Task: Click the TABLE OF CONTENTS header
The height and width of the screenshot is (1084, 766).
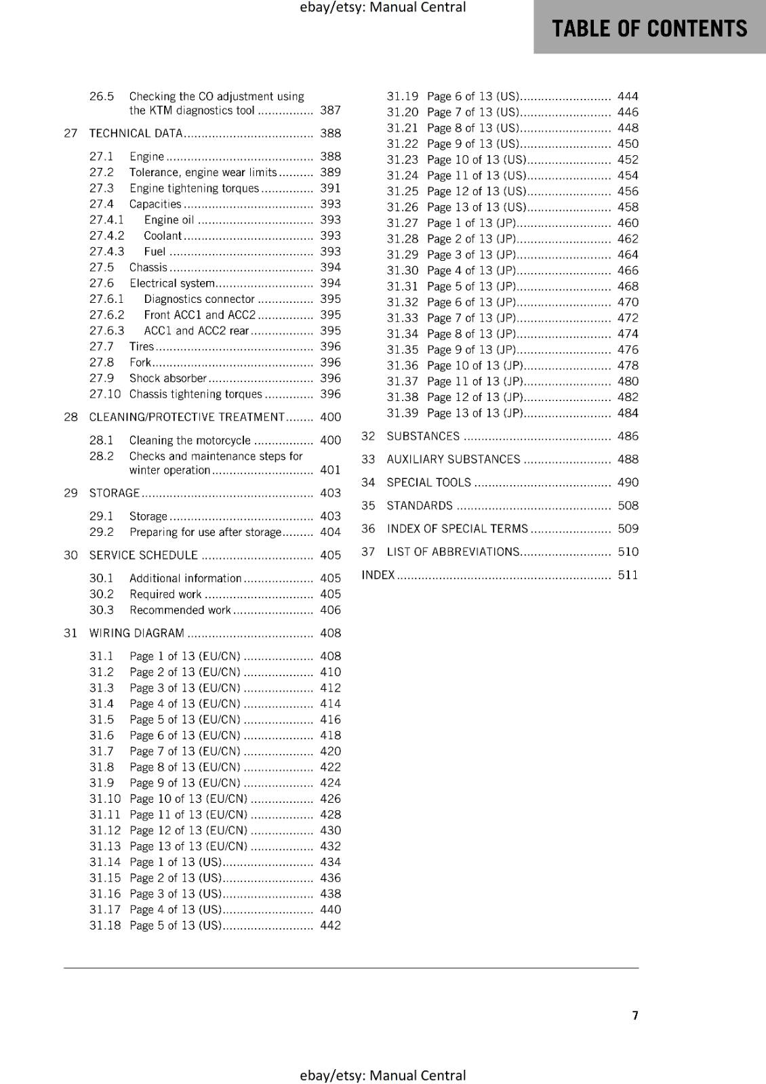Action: (649, 28)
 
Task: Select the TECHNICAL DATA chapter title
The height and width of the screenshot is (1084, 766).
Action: (136, 133)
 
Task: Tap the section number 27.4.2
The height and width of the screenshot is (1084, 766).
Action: (106, 236)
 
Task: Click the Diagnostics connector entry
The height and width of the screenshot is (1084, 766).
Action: (199, 299)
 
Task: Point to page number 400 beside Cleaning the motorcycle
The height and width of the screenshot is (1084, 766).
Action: (330, 440)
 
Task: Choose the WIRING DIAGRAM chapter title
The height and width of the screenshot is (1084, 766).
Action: (136, 633)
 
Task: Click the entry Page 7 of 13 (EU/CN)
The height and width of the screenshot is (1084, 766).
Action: (184, 751)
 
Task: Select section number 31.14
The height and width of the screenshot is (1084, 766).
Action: (105, 862)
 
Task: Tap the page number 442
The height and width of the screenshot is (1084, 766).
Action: (330, 925)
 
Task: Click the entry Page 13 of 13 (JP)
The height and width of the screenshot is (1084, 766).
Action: (475, 413)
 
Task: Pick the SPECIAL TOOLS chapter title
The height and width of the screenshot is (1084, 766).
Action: (428, 482)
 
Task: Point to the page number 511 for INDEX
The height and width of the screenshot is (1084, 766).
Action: (628, 575)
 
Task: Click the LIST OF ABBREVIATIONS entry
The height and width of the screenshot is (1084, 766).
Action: (453, 552)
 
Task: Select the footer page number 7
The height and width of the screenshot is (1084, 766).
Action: (635, 1016)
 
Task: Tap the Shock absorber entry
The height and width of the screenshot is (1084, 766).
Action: (168, 379)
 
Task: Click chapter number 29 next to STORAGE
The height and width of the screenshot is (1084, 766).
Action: (70, 493)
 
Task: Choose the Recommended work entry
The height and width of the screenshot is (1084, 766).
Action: (180, 610)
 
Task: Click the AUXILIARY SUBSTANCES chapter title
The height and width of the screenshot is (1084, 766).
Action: (453, 459)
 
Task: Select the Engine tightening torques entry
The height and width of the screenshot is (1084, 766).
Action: (194, 188)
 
